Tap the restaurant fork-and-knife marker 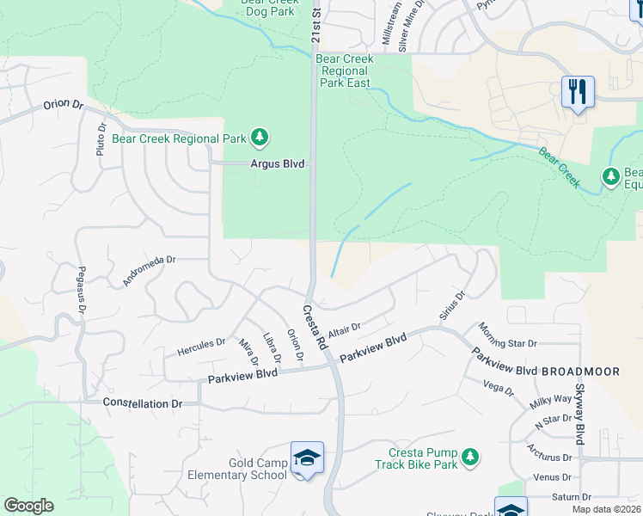pos(578,91)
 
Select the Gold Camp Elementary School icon pos(307,459)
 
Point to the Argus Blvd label pos(278,163)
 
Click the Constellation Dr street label pos(143,402)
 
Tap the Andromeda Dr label pos(149,270)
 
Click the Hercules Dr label pos(201,347)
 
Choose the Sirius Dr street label pos(452,306)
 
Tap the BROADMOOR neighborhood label pos(580,372)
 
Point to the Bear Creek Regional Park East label pos(344,71)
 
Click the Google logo pos(28,506)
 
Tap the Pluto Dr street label pos(101,138)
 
